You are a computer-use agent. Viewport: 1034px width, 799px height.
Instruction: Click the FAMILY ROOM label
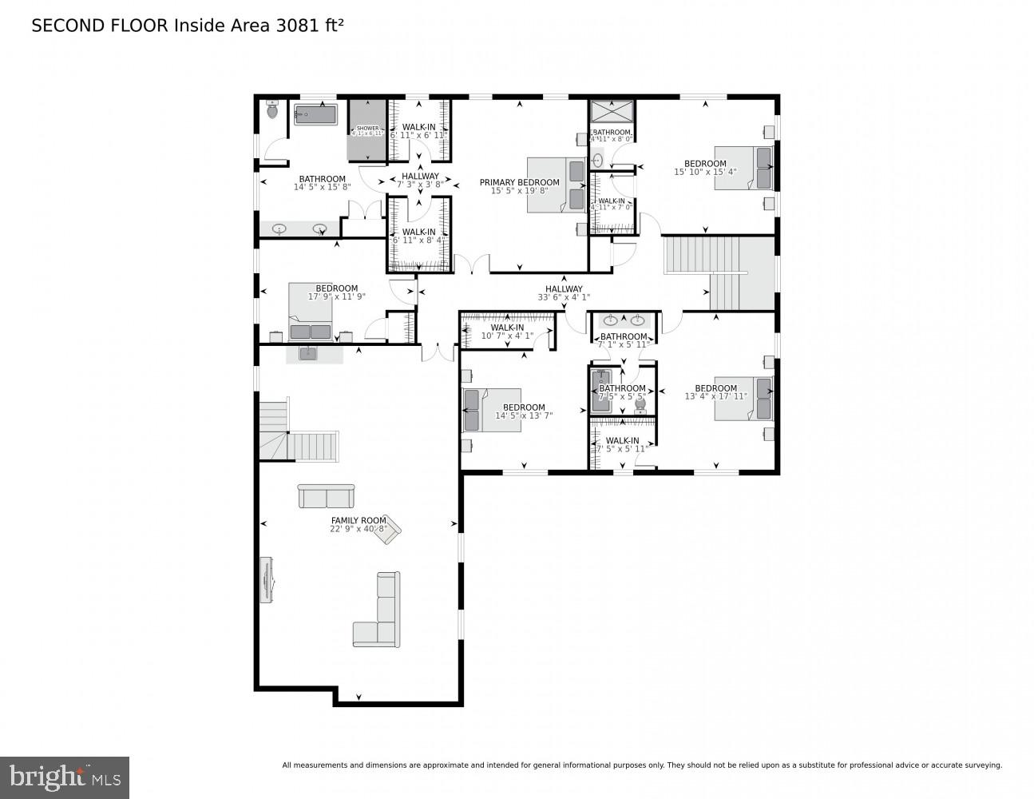(x=359, y=520)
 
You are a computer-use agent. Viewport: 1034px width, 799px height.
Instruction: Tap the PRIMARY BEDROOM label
(x=519, y=182)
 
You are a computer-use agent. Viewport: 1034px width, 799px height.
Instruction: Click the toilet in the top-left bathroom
(x=272, y=111)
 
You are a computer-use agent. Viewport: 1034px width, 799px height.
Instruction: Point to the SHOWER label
(x=367, y=128)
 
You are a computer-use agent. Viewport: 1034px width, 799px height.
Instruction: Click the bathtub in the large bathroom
(x=316, y=115)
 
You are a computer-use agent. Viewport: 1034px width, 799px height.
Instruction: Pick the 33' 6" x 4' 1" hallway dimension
(x=564, y=298)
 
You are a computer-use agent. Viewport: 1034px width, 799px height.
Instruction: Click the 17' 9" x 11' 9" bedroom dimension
(x=337, y=297)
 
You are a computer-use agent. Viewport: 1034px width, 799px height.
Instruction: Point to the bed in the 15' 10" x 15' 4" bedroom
(x=743, y=168)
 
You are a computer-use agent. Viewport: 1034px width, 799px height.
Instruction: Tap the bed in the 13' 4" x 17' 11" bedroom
(x=743, y=398)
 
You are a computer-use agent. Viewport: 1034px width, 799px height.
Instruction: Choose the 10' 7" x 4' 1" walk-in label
(x=507, y=336)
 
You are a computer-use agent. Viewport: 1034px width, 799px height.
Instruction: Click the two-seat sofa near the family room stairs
(x=327, y=496)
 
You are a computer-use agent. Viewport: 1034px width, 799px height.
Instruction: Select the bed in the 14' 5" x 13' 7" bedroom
(x=492, y=410)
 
